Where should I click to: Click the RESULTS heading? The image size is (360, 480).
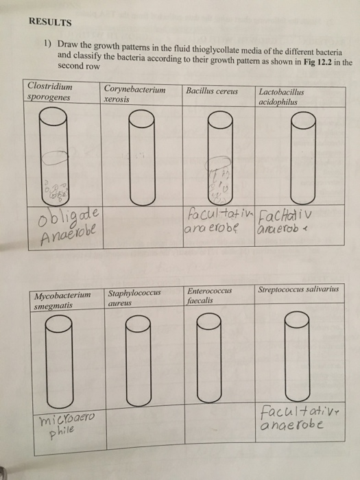[50, 21]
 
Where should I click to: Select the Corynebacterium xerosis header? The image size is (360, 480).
[134, 94]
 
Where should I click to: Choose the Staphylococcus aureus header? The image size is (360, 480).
[137, 300]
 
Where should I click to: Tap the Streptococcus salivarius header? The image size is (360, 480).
[298, 290]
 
